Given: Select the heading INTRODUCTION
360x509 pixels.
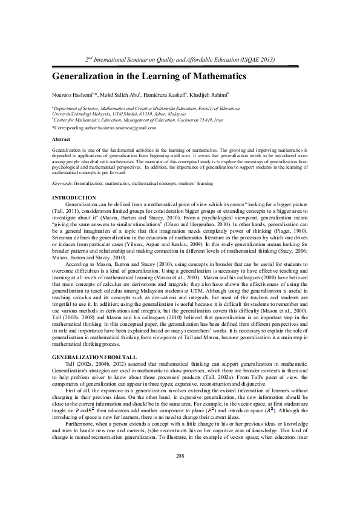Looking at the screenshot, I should [74, 198].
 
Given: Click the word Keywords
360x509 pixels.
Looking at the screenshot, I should [63, 182].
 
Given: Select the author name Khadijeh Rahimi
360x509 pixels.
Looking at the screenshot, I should [209, 94].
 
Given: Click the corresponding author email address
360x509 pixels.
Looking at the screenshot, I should [125, 128].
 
